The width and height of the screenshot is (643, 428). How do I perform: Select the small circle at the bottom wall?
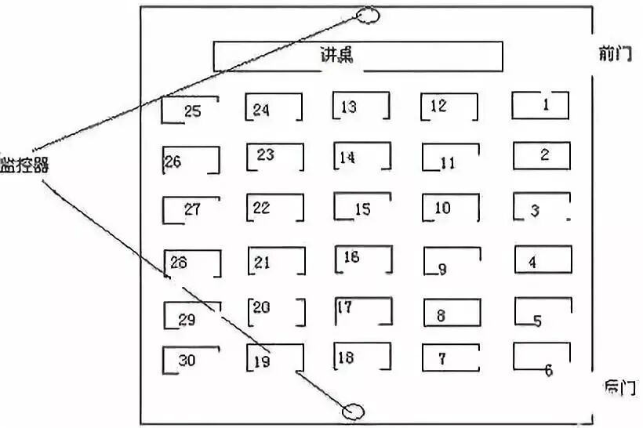[354, 411]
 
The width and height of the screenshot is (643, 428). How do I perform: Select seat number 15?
[362, 209]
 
